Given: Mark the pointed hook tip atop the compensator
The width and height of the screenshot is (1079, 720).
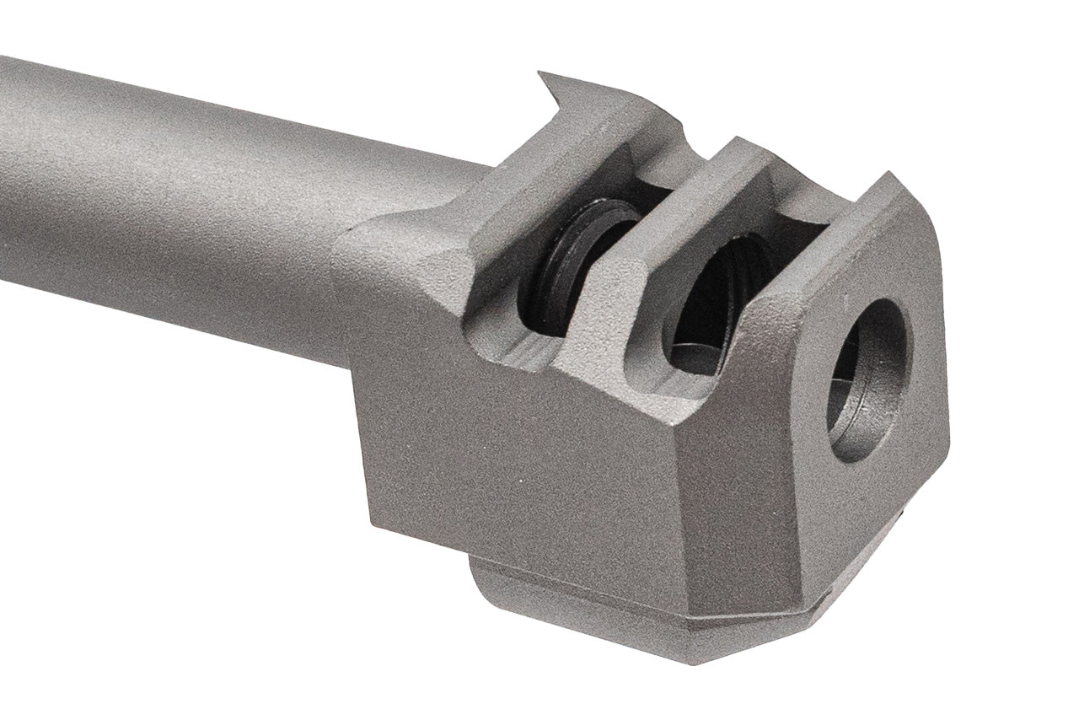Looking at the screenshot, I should [545, 78].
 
